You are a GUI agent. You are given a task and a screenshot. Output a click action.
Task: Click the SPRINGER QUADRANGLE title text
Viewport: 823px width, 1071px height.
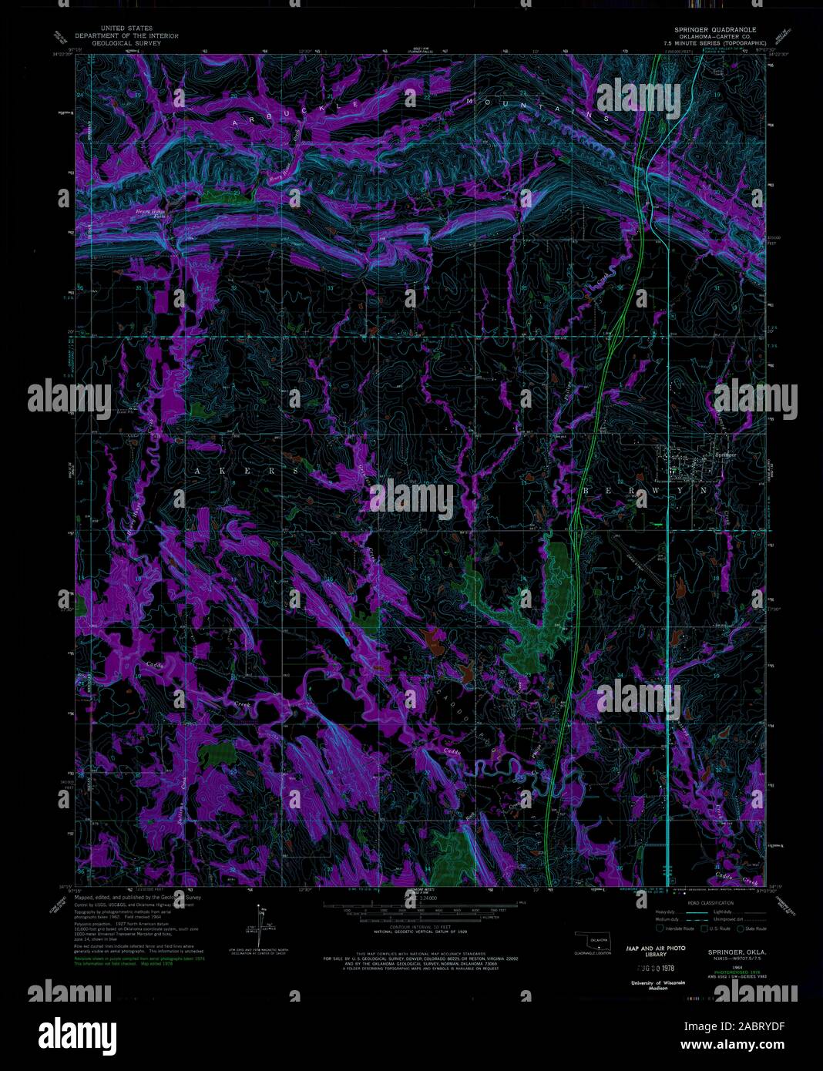[715, 29]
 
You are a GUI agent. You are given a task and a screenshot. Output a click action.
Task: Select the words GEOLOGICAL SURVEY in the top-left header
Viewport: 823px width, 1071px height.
[126, 43]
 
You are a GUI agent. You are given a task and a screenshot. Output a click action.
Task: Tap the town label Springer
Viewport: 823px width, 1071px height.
[726, 455]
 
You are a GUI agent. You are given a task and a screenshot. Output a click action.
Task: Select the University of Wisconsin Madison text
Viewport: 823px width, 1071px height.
[656, 986]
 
